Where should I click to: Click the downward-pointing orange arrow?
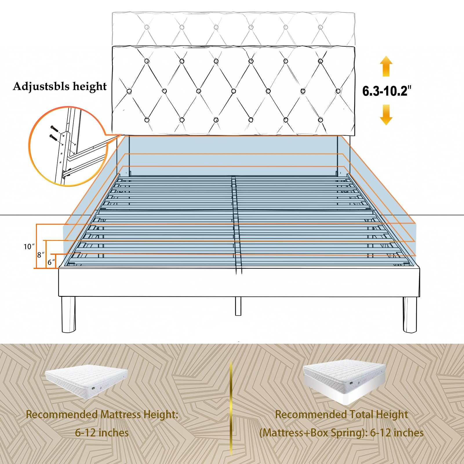pyautogui.click(x=386, y=115)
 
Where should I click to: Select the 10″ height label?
pyautogui.click(x=29, y=247)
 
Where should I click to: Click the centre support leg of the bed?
pyautogui.click(x=238, y=306)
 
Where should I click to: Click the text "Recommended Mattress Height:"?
pyautogui.click(x=102, y=414)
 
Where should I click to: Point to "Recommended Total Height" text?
pyautogui.click(x=341, y=414)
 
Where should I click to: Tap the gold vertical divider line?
pyautogui.click(x=231, y=406)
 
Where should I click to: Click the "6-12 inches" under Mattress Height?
pyautogui.click(x=102, y=433)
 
